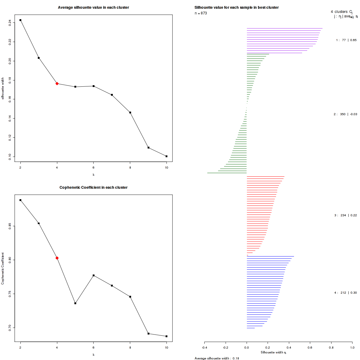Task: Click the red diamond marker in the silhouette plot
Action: pyautogui.click(x=57, y=84)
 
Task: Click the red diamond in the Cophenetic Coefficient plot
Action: pyautogui.click(x=57, y=258)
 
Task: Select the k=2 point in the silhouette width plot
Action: pyautogui.click(x=20, y=20)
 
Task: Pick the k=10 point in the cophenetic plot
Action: pyautogui.click(x=166, y=336)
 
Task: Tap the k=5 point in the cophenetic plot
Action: pyautogui.click(x=75, y=303)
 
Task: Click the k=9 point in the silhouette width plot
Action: pyautogui.click(x=148, y=148)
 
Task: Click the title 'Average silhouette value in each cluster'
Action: pyautogui.click(x=93, y=7)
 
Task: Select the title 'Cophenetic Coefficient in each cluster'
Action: pyautogui.click(x=93, y=187)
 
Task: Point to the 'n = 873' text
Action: pyautogui.click(x=201, y=13)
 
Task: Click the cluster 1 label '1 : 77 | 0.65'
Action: pyautogui.click(x=346, y=40)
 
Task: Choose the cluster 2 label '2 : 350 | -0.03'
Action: pyautogui.click(x=345, y=114)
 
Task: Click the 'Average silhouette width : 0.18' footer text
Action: pyautogui.click(x=217, y=358)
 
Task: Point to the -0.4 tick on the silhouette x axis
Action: pyautogui.click(x=204, y=348)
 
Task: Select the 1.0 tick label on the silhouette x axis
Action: pyautogui.click(x=352, y=348)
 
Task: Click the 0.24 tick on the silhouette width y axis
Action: pyautogui.click(x=10, y=22)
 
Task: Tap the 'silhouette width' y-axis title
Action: pyautogui.click(x=3, y=88)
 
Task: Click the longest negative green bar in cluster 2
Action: pyautogui.click(x=227, y=173)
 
